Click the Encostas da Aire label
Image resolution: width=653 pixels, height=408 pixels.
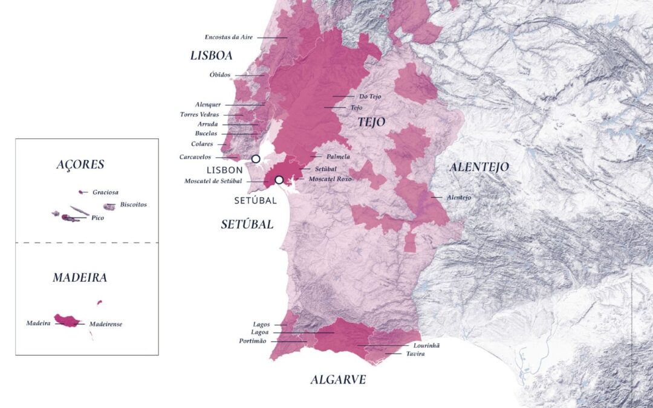[x=229, y=37]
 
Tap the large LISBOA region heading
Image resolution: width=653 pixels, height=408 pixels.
[x=211, y=56]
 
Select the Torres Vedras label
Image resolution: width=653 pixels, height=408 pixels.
[x=200, y=114]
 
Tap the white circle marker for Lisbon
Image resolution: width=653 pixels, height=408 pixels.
[x=256, y=159]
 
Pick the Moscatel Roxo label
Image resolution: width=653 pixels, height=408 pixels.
[x=330, y=180]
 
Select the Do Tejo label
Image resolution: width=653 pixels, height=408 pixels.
[x=370, y=96]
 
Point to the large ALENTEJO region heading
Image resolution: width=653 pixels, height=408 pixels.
[x=479, y=167]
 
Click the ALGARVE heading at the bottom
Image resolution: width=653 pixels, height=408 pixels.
[x=338, y=380]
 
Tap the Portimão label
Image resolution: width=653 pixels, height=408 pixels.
[x=253, y=341]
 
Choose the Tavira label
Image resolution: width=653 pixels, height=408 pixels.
[x=415, y=354]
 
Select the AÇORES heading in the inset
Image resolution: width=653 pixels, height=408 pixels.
[x=80, y=164]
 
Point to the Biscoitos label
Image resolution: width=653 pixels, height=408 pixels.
[x=133, y=204]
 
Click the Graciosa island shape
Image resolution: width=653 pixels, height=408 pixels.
[x=81, y=192]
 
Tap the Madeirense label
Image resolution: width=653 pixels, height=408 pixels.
[x=105, y=324]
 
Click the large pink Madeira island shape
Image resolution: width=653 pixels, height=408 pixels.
[x=67, y=320]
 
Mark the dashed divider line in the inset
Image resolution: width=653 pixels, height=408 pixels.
[x=86, y=242]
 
